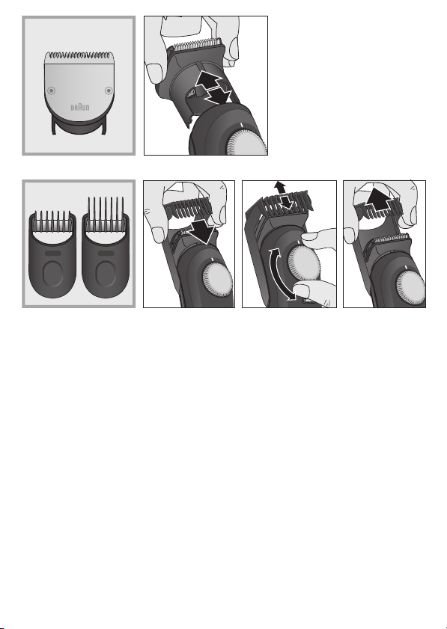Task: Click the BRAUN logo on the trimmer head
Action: click(80, 108)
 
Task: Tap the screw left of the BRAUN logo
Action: click(51, 90)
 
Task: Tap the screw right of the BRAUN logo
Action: click(109, 91)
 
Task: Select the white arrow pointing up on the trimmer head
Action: click(209, 82)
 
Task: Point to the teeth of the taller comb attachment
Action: click(106, 213)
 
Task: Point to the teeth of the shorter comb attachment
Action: click(52, 221)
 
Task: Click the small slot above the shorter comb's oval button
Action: click(52, 254)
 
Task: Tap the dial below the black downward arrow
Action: click(217, 283)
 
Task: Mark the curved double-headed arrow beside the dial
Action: click(280, 274)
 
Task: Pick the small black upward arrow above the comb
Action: click(280, 186)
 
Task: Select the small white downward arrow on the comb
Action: click(287, 202)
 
